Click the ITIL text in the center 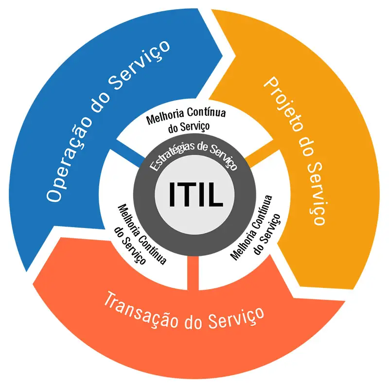pos(196,194)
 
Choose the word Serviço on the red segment pos(236,319)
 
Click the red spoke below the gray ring pos(193,273)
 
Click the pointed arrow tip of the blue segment pos(222,55)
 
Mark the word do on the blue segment pos(100,102)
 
